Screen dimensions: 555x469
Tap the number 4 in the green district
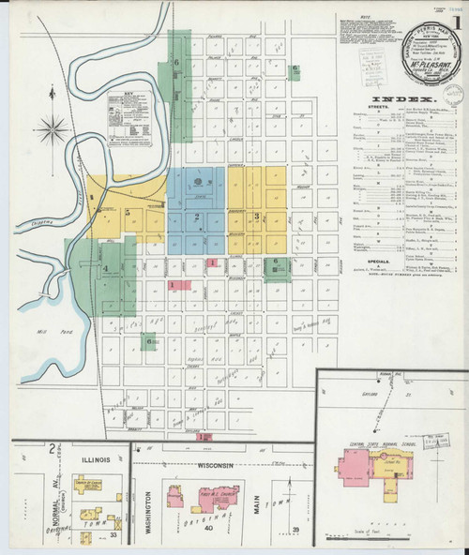coord(106,269)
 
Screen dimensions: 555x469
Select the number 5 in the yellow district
coord(127,213)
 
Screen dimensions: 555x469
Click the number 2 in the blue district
coord(197,217)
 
